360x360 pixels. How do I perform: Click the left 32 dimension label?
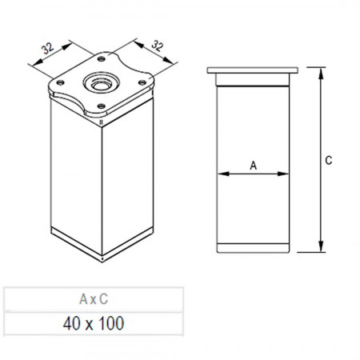[48, 48]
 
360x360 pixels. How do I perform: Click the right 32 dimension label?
[157, 46]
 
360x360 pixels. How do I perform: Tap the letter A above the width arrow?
[253, 166]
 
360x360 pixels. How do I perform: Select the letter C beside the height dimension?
[329, 160]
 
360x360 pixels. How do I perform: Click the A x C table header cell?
[94, 299]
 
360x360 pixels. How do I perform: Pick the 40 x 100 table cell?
[94, 323]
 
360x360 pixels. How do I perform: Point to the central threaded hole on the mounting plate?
[101, 83]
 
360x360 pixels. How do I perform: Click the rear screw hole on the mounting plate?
[101, 59]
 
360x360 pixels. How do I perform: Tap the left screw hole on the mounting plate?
[61, 82]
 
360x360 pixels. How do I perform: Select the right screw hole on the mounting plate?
[142, 82]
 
